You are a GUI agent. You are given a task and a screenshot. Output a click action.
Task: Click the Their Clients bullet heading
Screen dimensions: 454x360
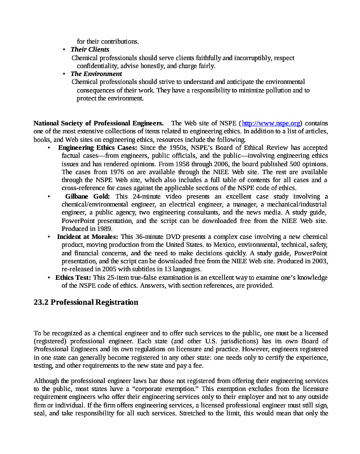pyautogui.click(x=90, y=50)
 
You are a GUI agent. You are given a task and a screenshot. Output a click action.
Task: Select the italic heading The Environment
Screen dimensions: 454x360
pyautogui.click(x=96, y=74)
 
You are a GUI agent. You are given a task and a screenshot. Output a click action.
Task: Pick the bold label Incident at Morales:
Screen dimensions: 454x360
pyautogui.click(x=87, y=237)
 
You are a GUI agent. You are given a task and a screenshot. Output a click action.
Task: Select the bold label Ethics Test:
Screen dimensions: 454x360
pyautogui.click(x=73, y=278)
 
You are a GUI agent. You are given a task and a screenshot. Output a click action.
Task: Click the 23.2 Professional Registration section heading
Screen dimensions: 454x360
pyautogui.click(x=86, y=302)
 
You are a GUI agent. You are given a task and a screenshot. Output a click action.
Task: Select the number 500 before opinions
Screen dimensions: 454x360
pyautogui.click(x=297, y=163)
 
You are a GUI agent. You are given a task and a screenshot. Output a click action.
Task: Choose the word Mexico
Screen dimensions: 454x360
pyautogui.click(x=207, y=245)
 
